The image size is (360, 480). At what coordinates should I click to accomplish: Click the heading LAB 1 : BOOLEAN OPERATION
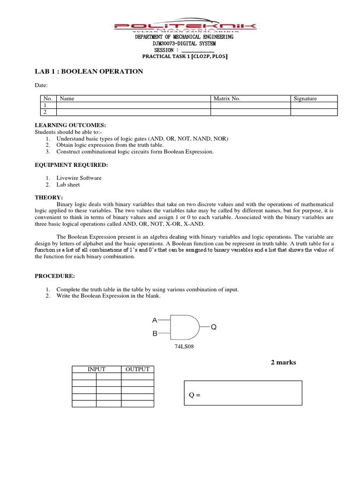tap(89, 71)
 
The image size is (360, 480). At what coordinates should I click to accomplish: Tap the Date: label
tap(41, 85)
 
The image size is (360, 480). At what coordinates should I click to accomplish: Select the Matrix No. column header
tap(227, 98)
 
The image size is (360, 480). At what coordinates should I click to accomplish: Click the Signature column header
tap(305, 98)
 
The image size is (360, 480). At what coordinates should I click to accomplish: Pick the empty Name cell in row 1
tap(133, 105)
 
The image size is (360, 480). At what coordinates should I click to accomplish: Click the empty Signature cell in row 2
tap(314, 112)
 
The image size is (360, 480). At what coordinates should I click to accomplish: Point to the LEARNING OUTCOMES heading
tap(70, 126)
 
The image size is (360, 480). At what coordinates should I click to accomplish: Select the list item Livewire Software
tap(79, 178)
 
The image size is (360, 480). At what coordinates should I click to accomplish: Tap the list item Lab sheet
tap(68, 185)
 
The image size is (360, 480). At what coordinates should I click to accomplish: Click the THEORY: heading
tap(49, 198)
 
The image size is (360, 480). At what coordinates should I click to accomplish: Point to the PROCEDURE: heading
tap(54, 276)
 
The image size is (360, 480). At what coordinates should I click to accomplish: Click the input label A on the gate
tap(154, 320)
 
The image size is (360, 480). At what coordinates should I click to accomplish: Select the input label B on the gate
tap(154, 335)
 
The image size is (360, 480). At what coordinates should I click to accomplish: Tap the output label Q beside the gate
tap(214, 327)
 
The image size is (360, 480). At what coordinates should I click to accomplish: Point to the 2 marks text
tap(284, 362)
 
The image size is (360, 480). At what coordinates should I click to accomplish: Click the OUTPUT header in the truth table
tap(137, 369)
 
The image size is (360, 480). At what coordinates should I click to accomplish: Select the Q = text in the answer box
tap(195, 395)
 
